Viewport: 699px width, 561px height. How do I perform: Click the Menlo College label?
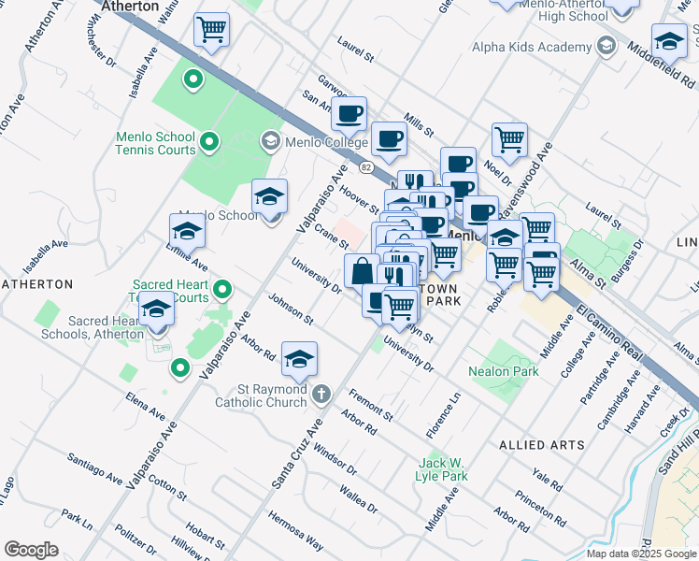pos(327,140)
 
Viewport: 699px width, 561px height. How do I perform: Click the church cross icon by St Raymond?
pos(321,393)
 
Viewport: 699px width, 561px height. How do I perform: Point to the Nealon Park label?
pos(504,371)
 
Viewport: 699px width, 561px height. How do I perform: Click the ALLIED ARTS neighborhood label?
pos(542,445)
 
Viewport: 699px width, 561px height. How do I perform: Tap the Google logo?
pos(31,550)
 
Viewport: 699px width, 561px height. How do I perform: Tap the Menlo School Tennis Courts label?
pos(155,143)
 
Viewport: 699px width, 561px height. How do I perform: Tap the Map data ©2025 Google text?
pos(640,554)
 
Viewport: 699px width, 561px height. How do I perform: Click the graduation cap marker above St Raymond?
pos(299,358)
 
